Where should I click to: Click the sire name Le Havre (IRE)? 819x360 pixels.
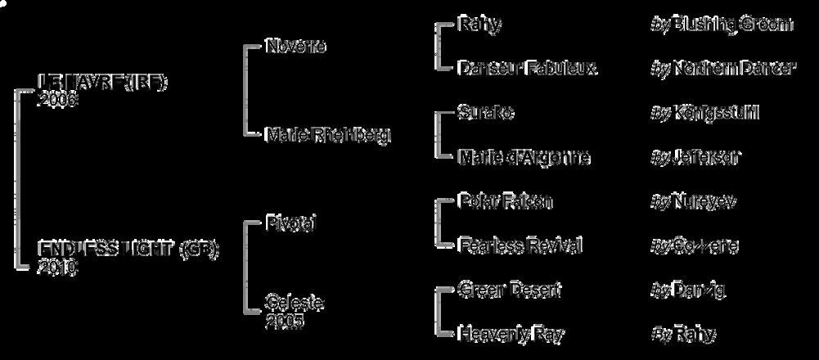tap(102, 83)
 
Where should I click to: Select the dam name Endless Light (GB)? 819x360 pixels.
tap(128, 250)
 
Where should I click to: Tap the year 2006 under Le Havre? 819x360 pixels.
tap(56, 100)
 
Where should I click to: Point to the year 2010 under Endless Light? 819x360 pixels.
tap(57, 267)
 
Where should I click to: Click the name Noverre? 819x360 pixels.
tap(296, 46)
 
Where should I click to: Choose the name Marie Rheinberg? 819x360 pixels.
tap(328, 135)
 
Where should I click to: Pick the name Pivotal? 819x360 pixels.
tap(290, 223)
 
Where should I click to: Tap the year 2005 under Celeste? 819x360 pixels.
tap(285, 321)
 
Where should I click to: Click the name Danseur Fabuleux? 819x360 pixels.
tap(527, 68)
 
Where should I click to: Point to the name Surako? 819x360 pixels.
tap(486, 112)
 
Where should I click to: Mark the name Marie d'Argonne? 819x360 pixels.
tap(524, 156)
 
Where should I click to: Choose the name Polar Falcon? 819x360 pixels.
tap(506, 201)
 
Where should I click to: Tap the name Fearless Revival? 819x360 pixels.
tap(520, 245)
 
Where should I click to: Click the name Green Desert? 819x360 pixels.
tap(510, 290)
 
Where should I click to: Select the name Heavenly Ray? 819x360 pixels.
tap(511, 334)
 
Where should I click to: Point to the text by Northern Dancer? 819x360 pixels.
tap(722, 68)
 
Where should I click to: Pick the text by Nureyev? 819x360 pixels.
tap(694, 201)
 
